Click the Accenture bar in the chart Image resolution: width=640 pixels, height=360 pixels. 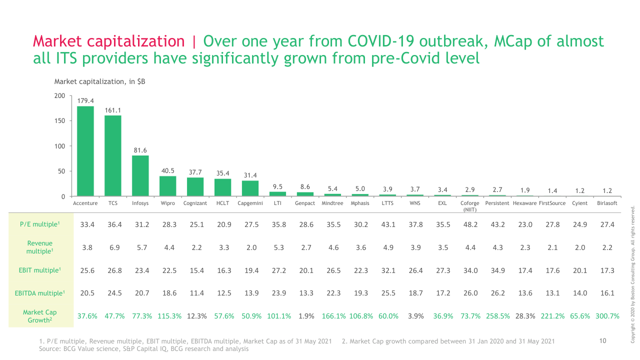tap(85, 151)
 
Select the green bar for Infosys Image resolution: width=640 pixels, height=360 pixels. tap(140, 176)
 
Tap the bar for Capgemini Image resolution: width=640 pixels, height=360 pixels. tap(250, 188)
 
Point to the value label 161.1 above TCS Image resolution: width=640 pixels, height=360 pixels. tap(113, 110)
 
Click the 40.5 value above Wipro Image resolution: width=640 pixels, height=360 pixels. tap(167, 171)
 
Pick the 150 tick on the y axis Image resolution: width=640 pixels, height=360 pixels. tap(59, 121)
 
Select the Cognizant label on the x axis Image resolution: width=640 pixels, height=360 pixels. tap(195, 203)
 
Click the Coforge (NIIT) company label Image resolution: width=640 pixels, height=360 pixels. tap(469, 206)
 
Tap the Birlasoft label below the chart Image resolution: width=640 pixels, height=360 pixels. tap(607, 203)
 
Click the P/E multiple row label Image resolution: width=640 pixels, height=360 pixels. tap(39, 224)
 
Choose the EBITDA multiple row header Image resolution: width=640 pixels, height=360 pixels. tap(39, 293)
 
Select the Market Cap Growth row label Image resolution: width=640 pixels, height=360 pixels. tap(39, 316)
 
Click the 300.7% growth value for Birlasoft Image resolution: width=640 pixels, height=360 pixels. tap(607, 316)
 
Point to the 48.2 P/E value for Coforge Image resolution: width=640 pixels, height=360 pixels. tap(470, 224)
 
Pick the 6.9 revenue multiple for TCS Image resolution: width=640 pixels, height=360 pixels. tap(114, 247)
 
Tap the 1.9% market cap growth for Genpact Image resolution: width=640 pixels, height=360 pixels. tap(306, 316)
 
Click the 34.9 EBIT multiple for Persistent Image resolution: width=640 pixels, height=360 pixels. tap(497, 270)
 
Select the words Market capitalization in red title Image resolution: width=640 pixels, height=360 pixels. tap(109, 41)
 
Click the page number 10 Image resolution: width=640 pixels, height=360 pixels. tap(602, 340)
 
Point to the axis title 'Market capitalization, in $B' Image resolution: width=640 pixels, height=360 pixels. tap(99, 81)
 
